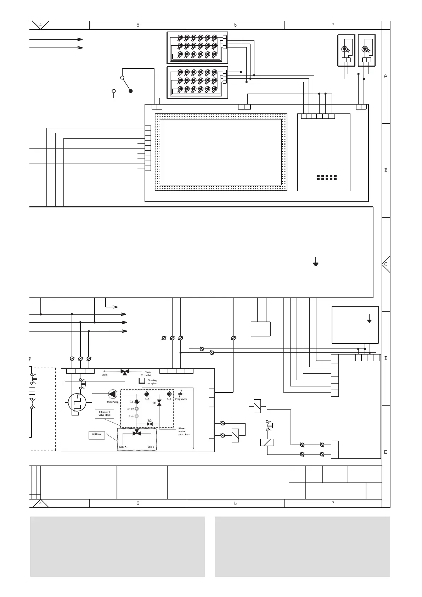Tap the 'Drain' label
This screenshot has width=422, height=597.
(105, 375)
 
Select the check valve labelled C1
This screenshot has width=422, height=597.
(137, 401)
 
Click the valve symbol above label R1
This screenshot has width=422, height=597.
(159, 402)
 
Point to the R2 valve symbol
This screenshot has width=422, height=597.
(150, 424)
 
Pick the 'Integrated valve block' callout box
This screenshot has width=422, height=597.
(105, 414)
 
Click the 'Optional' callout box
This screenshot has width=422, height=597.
(97, 435)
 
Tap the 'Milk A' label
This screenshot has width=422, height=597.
(123, 447)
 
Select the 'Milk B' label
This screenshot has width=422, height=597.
(151, 447)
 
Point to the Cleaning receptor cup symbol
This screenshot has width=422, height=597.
(142, 381)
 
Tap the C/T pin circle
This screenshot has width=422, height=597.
(137, 409)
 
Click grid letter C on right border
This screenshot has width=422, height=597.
(386, 264)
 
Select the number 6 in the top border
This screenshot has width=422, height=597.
(235, 25)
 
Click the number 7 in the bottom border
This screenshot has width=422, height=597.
(333, 503)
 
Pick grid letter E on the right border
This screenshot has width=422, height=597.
(386, 452)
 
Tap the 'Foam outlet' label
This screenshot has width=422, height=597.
(148, 374)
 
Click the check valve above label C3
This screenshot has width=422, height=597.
(169, 394)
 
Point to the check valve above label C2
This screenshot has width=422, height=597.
(147, 394)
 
